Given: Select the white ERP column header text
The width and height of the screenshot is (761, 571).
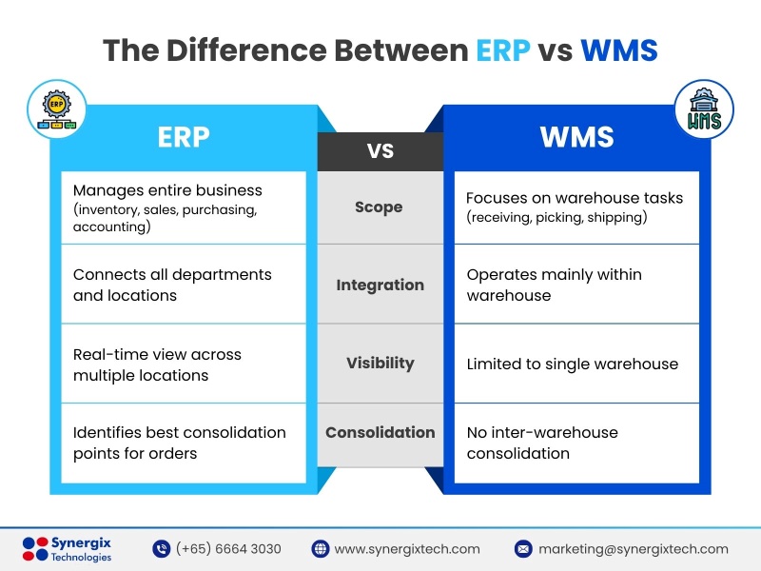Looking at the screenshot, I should tap(184, 137).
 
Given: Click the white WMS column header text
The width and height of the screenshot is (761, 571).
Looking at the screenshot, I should tap(576, 137).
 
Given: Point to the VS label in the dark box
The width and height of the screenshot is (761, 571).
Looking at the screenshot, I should tap(380, 151).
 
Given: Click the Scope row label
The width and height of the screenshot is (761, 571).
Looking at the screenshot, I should tap(379, 207).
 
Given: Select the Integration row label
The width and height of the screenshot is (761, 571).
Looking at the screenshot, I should tap(380, 285).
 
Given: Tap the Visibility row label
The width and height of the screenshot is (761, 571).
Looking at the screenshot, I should tap(380, 363).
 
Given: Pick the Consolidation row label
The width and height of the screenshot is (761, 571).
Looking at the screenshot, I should tap(380, 432).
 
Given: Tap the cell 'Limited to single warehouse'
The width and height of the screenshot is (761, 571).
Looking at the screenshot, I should tap(573, 364).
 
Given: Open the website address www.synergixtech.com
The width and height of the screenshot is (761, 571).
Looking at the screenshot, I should tap(407, 549).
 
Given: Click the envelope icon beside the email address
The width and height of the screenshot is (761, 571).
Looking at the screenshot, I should tap(523, 549).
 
